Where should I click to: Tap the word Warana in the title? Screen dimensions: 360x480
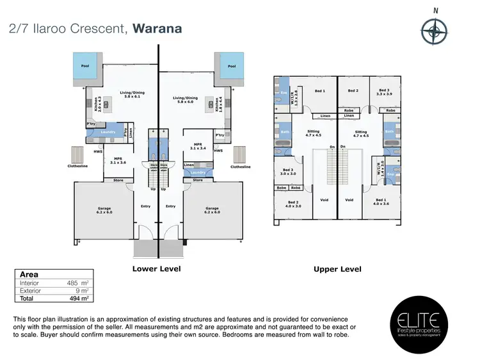[x=157, y=28]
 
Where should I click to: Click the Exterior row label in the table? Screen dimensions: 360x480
[x=31, y=290]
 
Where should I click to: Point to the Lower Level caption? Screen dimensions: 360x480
[x=156, y=268]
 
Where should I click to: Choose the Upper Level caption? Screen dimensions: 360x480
[x=337, y=269]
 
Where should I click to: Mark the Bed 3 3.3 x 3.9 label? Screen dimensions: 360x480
[x=384, y=93]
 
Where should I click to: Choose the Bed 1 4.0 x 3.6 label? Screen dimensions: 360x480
[x=382, y=202]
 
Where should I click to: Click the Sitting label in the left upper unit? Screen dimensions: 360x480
[x=313, y=133]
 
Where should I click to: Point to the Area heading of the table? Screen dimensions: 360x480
[x=29, y=274]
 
